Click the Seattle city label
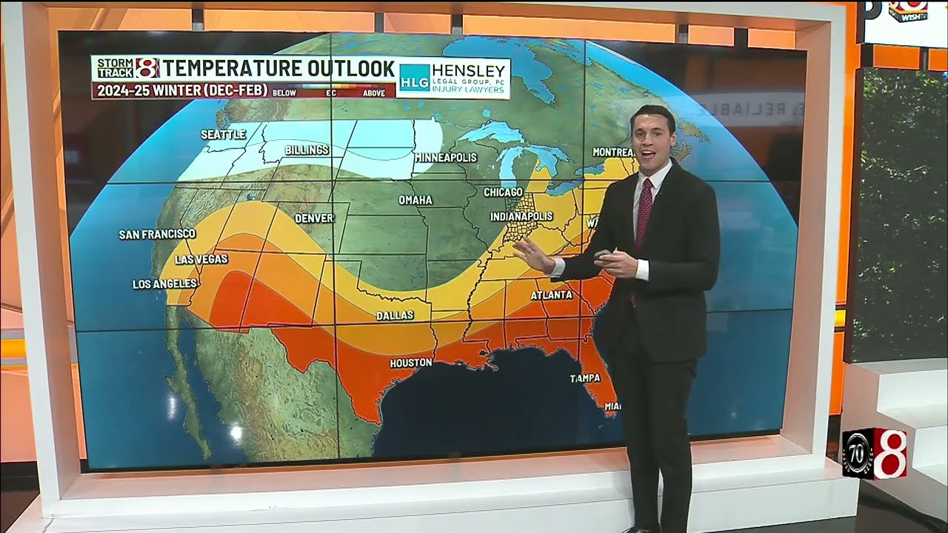tap(223, 135)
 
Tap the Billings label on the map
tap(307, 150)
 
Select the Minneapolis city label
tap(445, 158)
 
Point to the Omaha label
tap(415, 201)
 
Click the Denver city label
tap(314, 218)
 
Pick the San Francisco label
tap(157, 235)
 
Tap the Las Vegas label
tap(201, 259)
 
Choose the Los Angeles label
tap(164, 284)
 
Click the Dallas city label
tap(395, 315)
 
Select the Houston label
tap(410, 363)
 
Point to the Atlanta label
tap(551, 295)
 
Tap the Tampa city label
tap(585, 378)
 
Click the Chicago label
tap(503, 192)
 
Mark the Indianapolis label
tap(521, 217)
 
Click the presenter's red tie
tap(644, 215)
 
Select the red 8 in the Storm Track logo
tap(147, 68)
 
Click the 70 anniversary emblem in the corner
tap(858, 453)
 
